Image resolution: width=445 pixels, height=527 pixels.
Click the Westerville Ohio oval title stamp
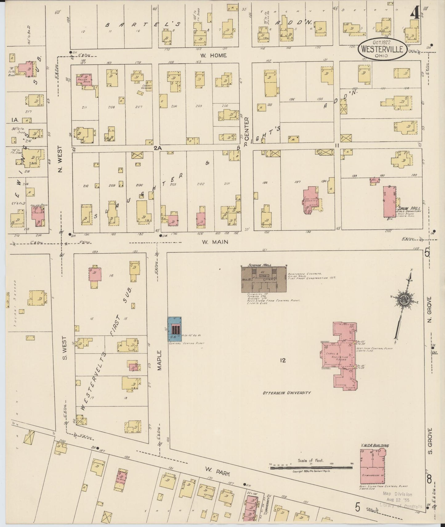[382, 48]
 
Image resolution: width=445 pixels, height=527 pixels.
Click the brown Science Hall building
[264, 279]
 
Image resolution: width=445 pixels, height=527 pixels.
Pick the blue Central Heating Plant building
[175, 329]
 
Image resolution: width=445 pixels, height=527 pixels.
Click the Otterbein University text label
[286, 393]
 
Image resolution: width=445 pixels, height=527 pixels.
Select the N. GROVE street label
[430, 310]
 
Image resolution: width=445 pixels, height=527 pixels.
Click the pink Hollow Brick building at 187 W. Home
[84, 79]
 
